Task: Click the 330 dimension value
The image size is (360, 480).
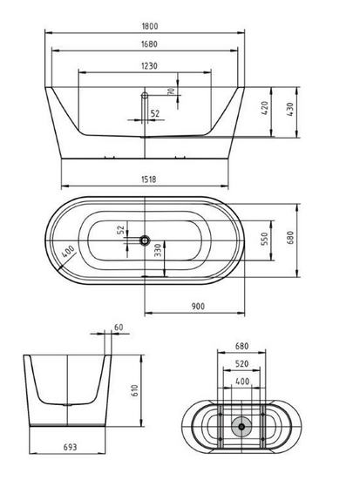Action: click(158, 254)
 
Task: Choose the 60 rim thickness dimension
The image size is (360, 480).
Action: click(118, 328)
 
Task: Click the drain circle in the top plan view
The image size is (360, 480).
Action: click(144, 240)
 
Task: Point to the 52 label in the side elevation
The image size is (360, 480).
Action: click(155, 113)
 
